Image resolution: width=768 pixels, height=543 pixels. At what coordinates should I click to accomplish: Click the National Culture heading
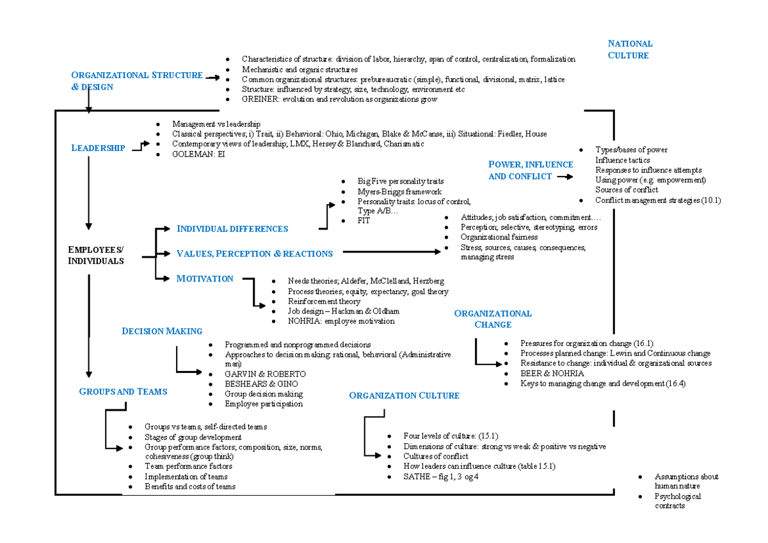tap(630, 49)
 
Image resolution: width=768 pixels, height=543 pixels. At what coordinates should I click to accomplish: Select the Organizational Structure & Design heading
tap(137, 81)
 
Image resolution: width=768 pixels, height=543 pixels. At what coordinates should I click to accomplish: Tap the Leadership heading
tap(98, 148)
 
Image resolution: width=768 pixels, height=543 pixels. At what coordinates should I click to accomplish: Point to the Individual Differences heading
tap(232, 229)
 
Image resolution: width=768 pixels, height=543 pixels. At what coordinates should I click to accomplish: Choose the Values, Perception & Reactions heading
tap(254, 254)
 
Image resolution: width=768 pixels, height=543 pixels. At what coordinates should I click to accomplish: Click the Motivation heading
tap(205, 279)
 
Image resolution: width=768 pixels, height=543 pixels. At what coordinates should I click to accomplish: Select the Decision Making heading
tap(162, 331)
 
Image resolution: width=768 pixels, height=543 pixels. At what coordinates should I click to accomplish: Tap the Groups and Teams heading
tap(123, 391)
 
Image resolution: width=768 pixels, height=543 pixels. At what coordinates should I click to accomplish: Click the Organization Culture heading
tap(404, 395)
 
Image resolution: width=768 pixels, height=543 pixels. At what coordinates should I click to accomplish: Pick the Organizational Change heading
tap(492, 319)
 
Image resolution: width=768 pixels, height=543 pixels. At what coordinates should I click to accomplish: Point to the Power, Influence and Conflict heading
tap(531, 170)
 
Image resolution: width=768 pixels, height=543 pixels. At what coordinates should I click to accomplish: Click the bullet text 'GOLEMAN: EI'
tap(198, 154)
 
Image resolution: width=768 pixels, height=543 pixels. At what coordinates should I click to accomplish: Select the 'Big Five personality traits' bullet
tap(401, 182)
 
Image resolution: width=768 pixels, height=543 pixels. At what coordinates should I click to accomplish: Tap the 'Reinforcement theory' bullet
tap(324, 301)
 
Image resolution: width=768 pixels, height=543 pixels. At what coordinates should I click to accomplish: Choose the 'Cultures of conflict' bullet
tap(435, 457)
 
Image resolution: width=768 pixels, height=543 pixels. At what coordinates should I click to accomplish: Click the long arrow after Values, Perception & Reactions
tap(392, 252)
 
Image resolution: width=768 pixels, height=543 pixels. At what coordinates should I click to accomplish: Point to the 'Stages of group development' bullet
tap(193, 437)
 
